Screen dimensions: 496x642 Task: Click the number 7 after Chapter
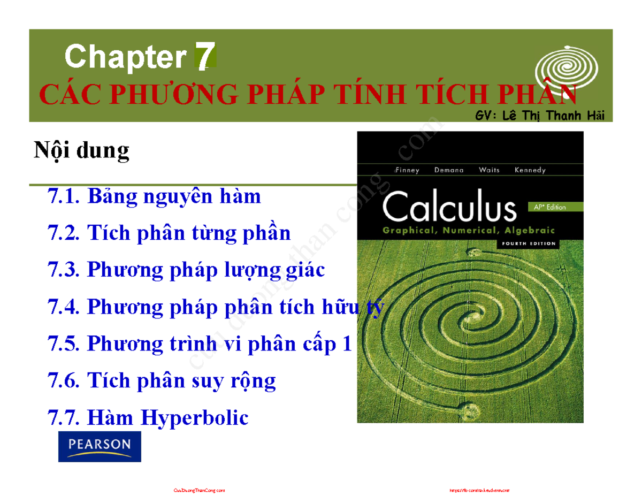pos(205,57)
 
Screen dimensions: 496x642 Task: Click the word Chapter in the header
pos(125,57)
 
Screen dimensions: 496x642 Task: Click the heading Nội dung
pos(81,150)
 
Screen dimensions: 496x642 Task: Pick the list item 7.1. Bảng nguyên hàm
pos(154,196)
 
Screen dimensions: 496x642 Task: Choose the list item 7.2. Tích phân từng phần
pos(169,233)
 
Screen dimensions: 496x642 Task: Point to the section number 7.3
pos(64,270)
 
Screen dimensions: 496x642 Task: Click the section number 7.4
pos(64,307)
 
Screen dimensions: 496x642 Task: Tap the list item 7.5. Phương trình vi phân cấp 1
pos(200,344)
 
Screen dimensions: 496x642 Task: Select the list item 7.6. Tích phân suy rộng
pos(162,381)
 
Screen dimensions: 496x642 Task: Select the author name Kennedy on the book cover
pos(530,170)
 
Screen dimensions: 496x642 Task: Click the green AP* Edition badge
pos(546,206)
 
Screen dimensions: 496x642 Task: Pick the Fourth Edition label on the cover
pos(528,243)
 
